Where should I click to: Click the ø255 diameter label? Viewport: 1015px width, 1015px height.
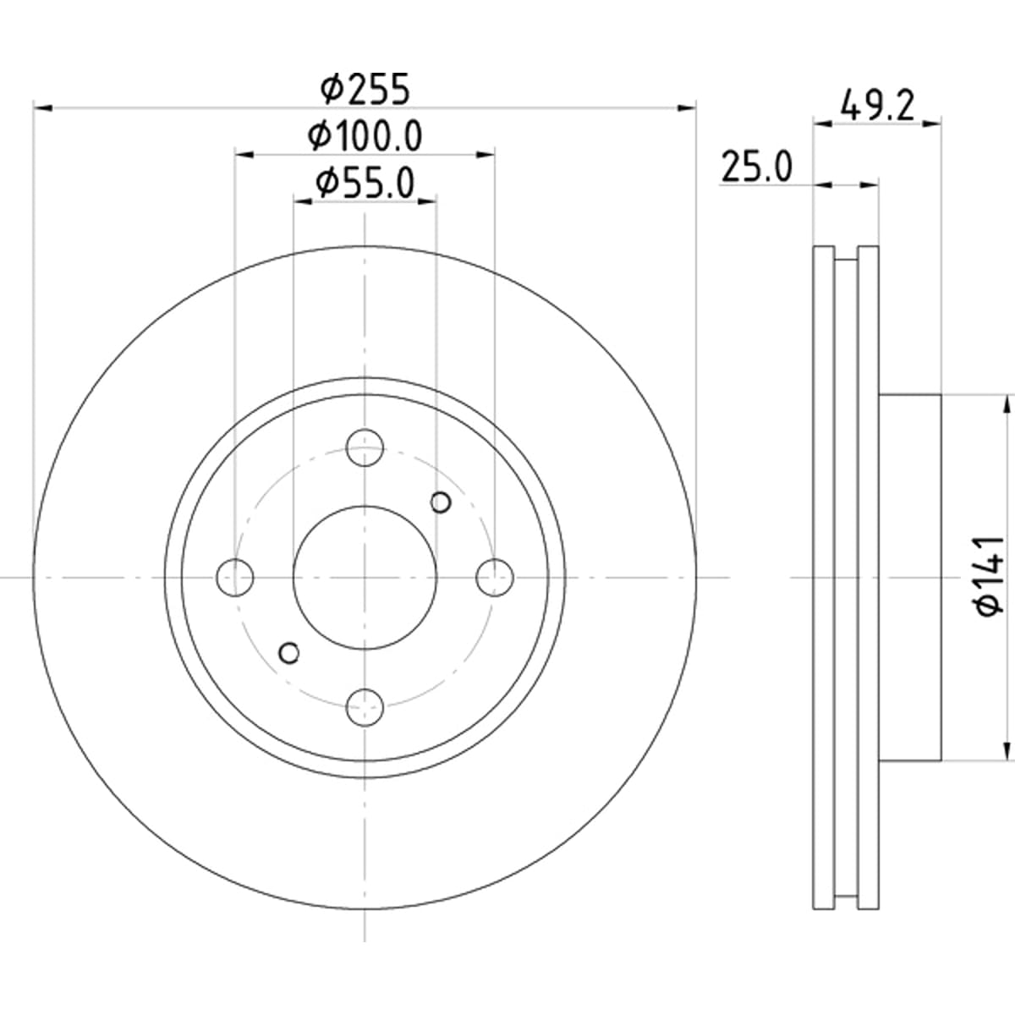(x=365, y=90)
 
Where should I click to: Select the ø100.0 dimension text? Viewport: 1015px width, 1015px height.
(x=365, y=136)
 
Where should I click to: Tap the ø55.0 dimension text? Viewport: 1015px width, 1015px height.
(x=365, y=183)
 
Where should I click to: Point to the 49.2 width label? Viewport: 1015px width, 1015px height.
(x=877, y=106)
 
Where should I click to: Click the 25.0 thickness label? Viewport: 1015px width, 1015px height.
(x=756, y=167)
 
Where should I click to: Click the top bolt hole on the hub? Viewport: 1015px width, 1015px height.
(x=365, y=447)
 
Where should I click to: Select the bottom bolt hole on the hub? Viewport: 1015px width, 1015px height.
(x=365, y=707)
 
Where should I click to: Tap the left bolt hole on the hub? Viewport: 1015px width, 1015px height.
(x=235, y=578)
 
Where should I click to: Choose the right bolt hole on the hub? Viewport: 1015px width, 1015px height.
(x=495, y=578)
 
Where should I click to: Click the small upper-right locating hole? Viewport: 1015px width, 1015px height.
(x=441, y=502)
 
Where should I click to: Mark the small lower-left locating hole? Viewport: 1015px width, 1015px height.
(x=288, y=653)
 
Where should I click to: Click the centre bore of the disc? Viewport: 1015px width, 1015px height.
(x=365, y=578)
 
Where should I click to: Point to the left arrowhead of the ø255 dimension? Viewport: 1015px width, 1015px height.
(x=43, y=108)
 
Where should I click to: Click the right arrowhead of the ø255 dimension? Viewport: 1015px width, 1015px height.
(x=686, y=108)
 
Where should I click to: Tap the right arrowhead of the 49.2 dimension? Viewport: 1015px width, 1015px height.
(x=931, y=123)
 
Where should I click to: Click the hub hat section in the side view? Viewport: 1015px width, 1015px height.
(x=909, y=578)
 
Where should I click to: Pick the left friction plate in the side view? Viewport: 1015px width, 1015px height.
(x=824, y=578)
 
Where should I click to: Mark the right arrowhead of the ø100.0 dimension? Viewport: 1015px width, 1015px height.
(x=485, y=155)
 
